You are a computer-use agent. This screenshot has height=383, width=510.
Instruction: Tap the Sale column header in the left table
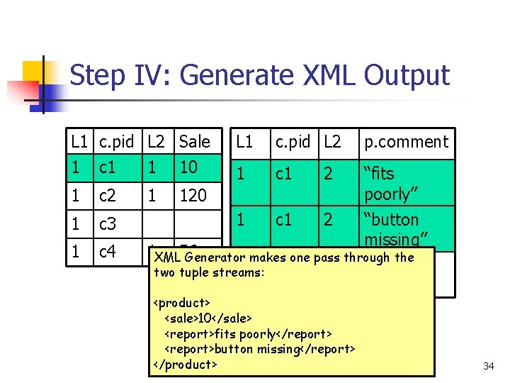coord(195,142)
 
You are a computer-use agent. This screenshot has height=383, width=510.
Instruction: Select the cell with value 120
coord(193,195)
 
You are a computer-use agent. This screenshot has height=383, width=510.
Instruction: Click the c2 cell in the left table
coord(108,195)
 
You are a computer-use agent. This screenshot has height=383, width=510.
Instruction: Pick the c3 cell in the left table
coord(108,224)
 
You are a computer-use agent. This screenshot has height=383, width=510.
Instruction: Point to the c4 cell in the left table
coord(108,250)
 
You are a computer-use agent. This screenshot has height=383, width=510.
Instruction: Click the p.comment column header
coord(406,142)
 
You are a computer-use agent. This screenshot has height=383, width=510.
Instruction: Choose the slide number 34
coord(488,366)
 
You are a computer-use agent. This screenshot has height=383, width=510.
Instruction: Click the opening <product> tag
coord(182,303)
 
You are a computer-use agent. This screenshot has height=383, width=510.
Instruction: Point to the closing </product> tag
coord(185,365)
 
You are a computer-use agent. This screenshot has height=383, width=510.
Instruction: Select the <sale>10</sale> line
coord(208,318)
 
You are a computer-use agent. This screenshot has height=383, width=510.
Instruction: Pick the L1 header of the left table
coord(80,142)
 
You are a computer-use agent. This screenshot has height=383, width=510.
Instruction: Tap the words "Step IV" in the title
coord(103,75)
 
